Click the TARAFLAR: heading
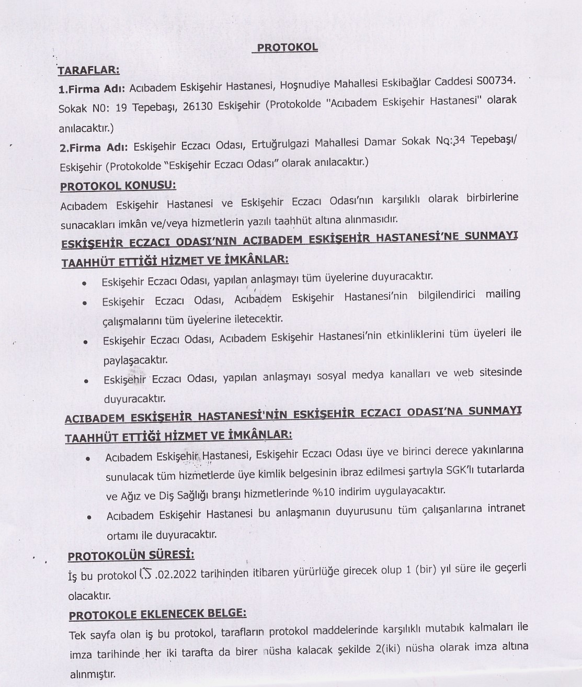coord(88,70)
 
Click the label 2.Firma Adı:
coord(93,148)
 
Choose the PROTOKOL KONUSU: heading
coord(118,186)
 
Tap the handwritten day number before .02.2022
coord(145,575)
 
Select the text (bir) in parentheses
coord(428,569)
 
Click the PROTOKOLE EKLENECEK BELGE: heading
coord(157,614)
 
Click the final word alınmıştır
coord(92,674)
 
